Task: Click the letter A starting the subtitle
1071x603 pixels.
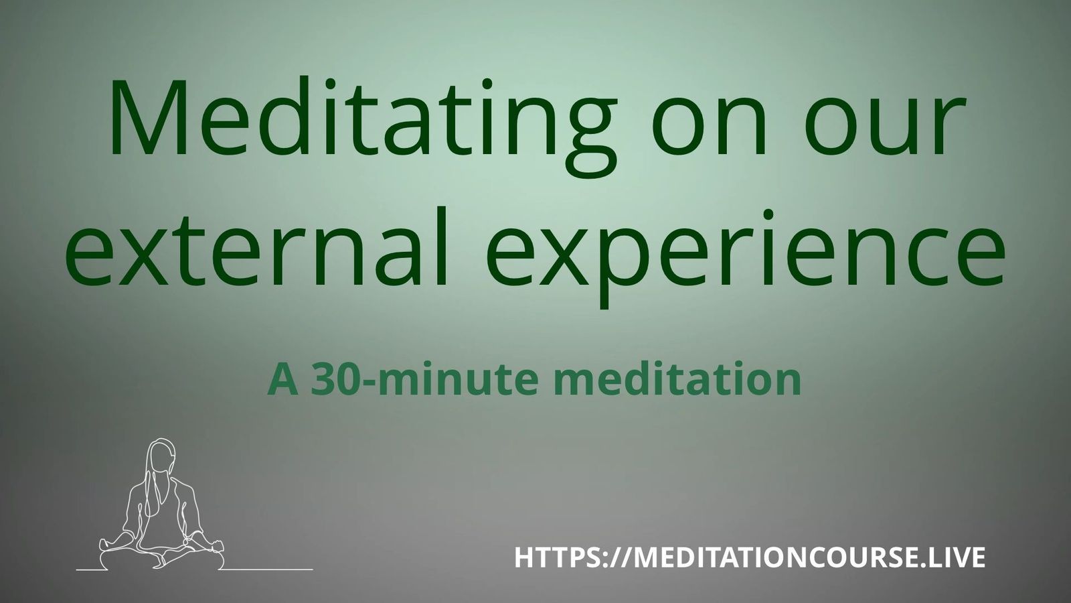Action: [x=282, y=379]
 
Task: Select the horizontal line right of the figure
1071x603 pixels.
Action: [x=268, y=569]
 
